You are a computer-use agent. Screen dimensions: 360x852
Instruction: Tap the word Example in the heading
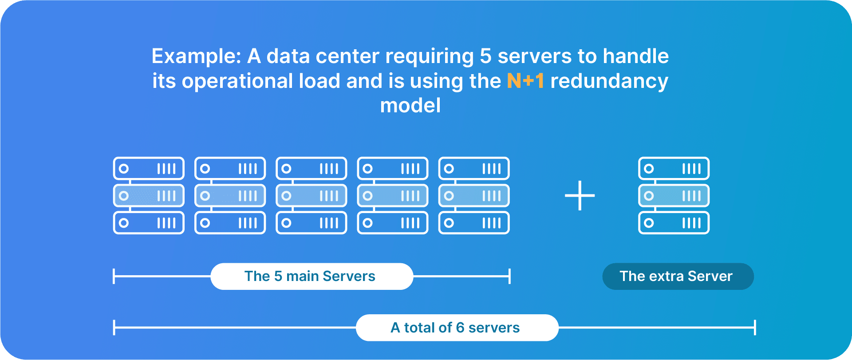196,57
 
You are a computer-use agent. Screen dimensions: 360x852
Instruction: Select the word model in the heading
410,106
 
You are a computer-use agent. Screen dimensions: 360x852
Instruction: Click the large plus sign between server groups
580,195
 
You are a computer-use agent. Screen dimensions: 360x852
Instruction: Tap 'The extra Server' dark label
678,277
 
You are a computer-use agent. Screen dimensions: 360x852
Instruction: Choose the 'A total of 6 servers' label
457,328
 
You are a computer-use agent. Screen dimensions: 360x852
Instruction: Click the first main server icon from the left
149,195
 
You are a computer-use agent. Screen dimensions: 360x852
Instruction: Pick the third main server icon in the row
311,195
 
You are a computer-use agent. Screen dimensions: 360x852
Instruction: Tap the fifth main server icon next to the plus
474,195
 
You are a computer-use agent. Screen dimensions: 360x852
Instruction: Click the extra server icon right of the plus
674,195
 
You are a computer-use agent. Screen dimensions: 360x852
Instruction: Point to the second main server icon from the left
230,195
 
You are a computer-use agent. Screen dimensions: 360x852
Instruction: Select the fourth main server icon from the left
393,195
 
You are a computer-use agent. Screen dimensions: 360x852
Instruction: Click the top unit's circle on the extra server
649,169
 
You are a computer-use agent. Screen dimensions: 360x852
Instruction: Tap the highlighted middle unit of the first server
149,196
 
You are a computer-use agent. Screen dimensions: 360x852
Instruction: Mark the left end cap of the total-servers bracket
114,328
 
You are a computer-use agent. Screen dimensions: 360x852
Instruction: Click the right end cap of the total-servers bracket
755,328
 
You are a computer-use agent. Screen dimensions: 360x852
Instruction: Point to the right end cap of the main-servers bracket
510,276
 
